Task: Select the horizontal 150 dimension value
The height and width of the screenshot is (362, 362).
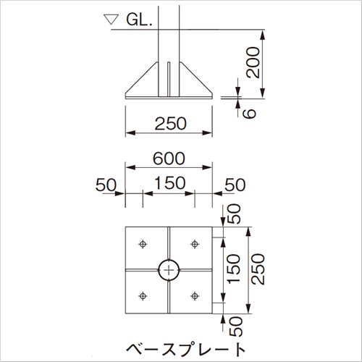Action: point(169,184)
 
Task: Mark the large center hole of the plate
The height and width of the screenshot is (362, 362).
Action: point(169,270)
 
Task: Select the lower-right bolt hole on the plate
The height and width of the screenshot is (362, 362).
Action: point(195,295)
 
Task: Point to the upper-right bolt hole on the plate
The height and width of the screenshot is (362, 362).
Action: point(195,244)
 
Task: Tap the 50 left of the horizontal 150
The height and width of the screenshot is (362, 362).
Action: point(106,184)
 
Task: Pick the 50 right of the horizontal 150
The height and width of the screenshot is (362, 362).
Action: point(234,184)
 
